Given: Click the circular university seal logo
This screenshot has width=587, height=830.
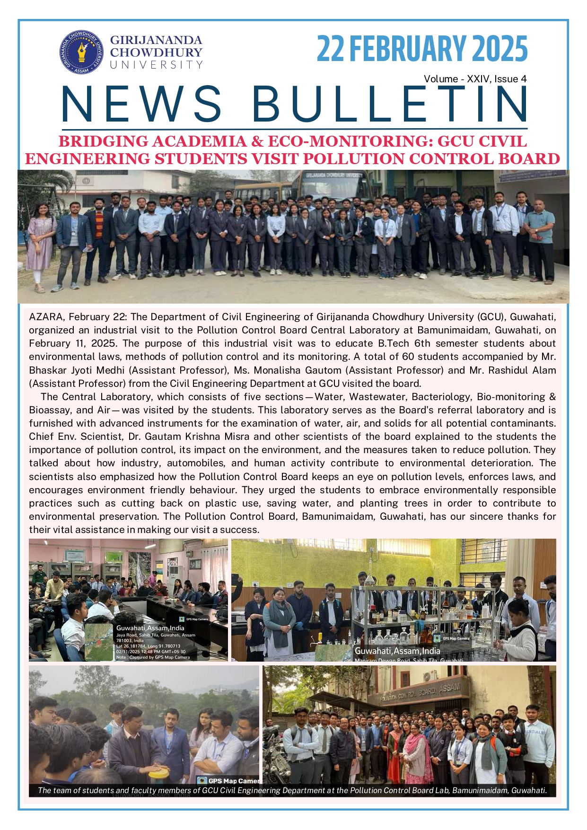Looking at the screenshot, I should coord(81,52).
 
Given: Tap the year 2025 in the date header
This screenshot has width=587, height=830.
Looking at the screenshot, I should coord(499,49).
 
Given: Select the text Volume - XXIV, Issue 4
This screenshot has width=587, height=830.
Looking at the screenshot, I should coord(475,79).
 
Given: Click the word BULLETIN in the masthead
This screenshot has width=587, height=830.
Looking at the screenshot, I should coord(389,104).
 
